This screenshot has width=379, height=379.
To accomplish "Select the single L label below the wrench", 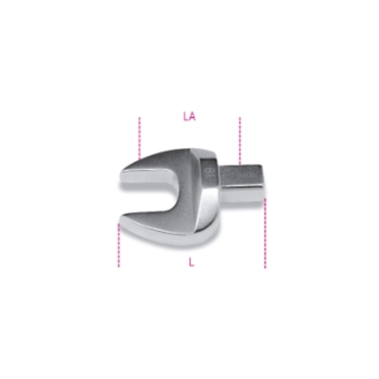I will coord(191,263).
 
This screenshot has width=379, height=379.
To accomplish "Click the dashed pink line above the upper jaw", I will coord(140,137).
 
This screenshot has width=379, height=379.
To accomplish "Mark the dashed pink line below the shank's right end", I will coord(265,232).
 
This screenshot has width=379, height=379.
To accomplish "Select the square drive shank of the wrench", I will coord(242,182).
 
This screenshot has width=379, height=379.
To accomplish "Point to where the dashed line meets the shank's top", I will coord(240,164).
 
